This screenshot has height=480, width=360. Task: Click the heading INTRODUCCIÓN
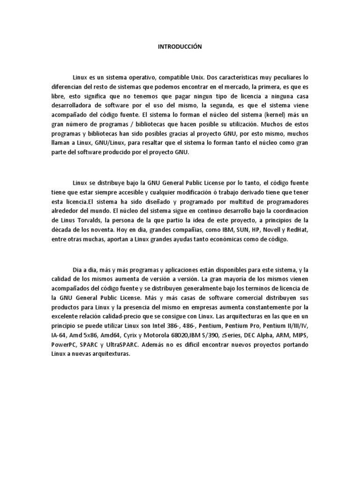click(x=180, y=46)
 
